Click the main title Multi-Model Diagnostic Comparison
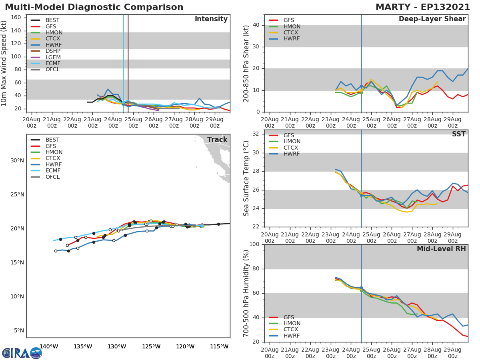tap(94, 7)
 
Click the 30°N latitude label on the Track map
tap(17, 161)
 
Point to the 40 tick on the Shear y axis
tap(256, 25)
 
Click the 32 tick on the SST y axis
tap(256, 134)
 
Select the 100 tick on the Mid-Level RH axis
tap(254, 244)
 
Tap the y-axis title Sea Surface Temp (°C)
tap(246, 178)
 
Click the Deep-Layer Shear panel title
tap(432, 19)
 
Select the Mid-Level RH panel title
tap(441, 249)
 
